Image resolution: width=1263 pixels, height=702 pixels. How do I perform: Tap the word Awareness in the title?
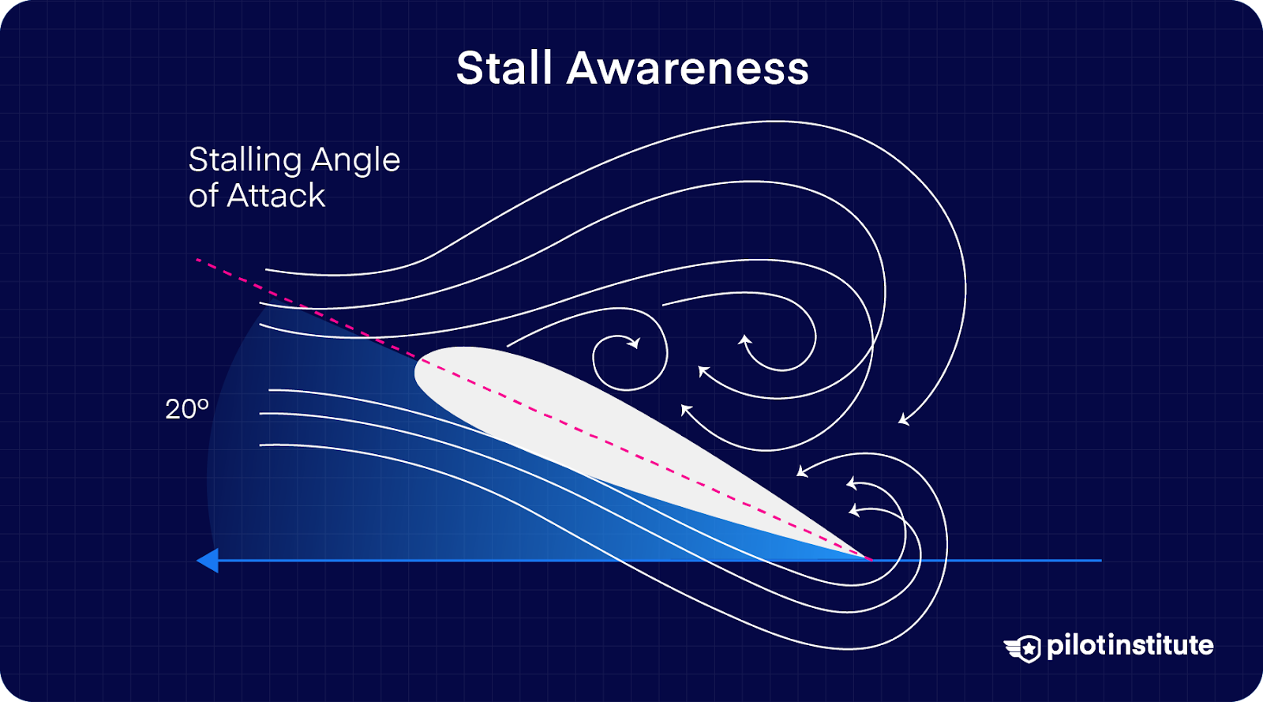(688, 68)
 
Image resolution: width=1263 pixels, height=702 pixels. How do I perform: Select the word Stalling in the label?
(245, 161)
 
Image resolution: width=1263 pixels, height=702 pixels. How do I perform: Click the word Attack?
(275, 196)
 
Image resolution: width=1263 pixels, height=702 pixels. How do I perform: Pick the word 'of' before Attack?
(203, 196)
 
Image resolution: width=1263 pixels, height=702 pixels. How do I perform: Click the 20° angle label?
(186, 409)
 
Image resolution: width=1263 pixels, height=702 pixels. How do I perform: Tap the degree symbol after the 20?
(204, 404)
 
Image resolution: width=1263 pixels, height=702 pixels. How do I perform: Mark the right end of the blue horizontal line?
(1100, 561)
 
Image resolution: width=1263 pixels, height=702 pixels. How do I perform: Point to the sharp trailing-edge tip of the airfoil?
(871, 559)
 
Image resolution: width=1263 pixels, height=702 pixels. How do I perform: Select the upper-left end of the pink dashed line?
(197, 260)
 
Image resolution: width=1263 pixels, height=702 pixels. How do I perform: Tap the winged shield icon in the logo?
(1024, 648)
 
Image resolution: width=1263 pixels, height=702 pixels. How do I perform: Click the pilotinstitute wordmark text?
(1130, 645)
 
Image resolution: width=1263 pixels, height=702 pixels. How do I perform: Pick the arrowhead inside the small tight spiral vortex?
(634, 343)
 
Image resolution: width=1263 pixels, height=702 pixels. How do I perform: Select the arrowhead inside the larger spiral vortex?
(744, 340)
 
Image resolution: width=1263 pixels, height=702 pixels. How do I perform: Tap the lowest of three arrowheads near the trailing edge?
(853, 511)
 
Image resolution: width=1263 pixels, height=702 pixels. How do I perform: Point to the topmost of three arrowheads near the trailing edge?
(802, 471)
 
